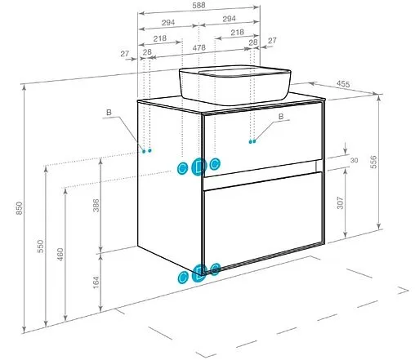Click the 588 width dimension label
coord(199,5)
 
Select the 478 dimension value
coord(199,48)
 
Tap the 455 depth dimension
coord(343,84)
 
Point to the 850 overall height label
coord(19,208)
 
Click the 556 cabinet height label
coord(374,162)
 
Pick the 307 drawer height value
coord(341,202)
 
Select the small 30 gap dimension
coord(354,160)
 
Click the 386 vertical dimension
coord(96,206)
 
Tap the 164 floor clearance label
coord(96,282)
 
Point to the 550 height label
coord(40,247)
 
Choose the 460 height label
coord(60,255)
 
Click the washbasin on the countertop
coord(234,85)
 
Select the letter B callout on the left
coord(109,112)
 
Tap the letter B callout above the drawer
coord(281,117)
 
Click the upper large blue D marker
coord(199,167)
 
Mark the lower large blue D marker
coord(199,273)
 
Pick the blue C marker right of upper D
coord(215,164)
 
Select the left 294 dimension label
coord(168,23)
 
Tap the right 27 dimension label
coord(272,41)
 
